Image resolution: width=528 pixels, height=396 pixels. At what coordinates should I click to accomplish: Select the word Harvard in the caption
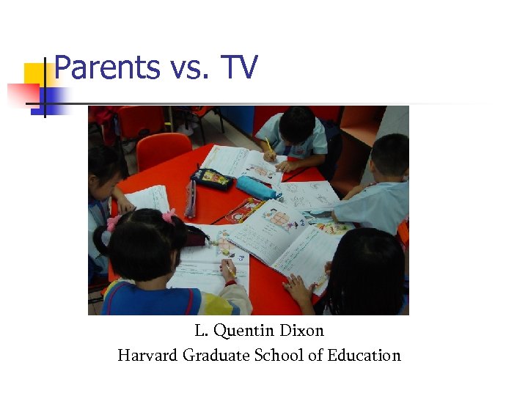pos(147,356)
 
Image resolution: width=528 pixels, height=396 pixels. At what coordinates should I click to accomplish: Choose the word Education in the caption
pos(364,356)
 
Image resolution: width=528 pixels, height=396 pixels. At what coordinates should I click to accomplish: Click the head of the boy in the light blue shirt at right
pos(389,155)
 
